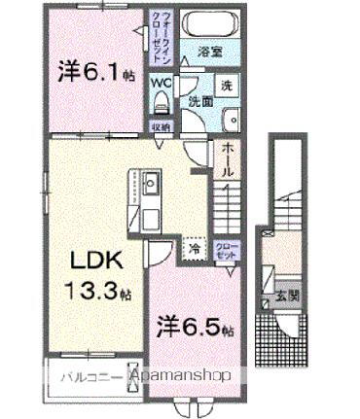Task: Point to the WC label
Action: point(162,83)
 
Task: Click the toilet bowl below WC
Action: point(161,101)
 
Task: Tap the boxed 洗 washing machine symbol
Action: point(225,85)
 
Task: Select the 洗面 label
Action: point(200,101)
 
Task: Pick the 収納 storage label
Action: point(162,125)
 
